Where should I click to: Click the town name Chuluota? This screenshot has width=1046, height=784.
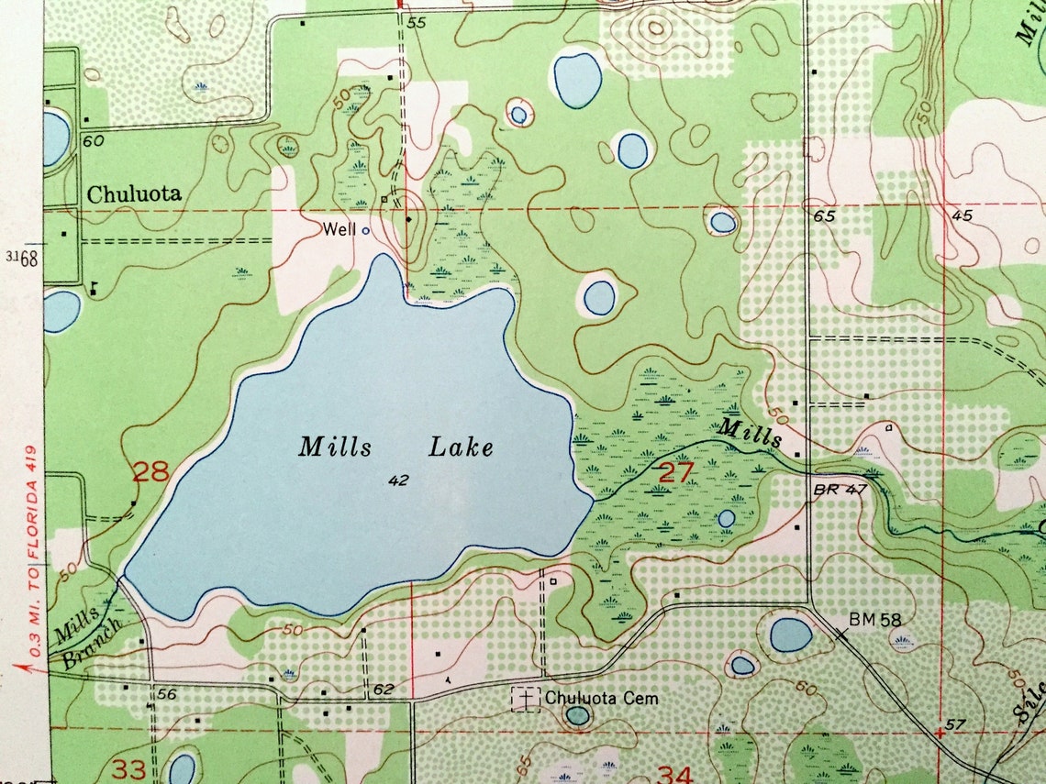pyautogui.click(x=134, y=194)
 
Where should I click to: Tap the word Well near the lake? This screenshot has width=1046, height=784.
pyautogui.click(x=339, y=229)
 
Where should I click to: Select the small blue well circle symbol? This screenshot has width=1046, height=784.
pyautogui.click(x=366, y=230)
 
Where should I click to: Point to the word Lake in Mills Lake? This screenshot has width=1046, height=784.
pyautogui.click(x=461, y=447)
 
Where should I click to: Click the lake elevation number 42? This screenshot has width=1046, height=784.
pyautogui.click(x=398, y=480)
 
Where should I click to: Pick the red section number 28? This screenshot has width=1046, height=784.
pyautogui.click(x=151, y=472)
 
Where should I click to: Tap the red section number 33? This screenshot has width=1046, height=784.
pyautogui.click(x=128, y=768)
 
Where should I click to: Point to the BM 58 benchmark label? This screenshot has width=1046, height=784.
pyautogui.click(x=875, y=621)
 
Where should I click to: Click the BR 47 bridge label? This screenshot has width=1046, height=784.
pyautogui.click(x=840, y=490)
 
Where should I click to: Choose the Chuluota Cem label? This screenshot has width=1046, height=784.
pyautogui.click(x=602, y=698)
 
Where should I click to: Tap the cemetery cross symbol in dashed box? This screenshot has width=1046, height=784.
pyautogui.click(x=526, y=699)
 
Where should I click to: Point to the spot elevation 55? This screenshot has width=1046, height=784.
pyautogui.click(x=417, y=22)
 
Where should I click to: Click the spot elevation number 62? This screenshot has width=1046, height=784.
pyautogui.click(x=383, y=688)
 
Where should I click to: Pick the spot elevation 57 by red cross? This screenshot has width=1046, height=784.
pyautogui.click(x=955, y=724)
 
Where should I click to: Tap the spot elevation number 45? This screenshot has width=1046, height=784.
pyautogui.click(x=962, y=215)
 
